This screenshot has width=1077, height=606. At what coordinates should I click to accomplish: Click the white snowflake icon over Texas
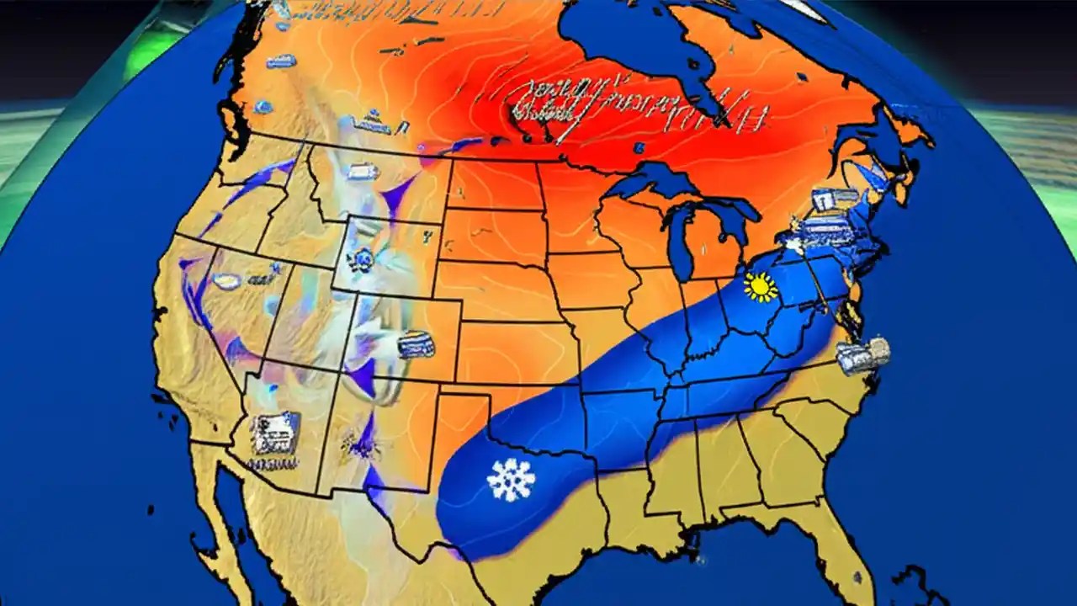pyautogui.click(x=511, y=480)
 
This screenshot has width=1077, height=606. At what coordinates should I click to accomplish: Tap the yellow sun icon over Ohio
pyautogui.click(x=761, y=287)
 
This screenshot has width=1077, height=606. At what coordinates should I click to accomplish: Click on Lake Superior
pyautogui.click(x=656, y=181)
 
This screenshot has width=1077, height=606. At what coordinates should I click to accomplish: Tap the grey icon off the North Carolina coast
pyautogui.click(x=864, y=355)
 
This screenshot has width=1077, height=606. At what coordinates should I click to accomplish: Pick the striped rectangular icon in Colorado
pyautogui.click(x=414, y=343)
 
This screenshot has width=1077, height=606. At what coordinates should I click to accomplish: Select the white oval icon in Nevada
pyautogui.click(x=225, y=281)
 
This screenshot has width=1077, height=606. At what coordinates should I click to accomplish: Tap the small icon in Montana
pyautogui.click(x=362, y=172)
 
